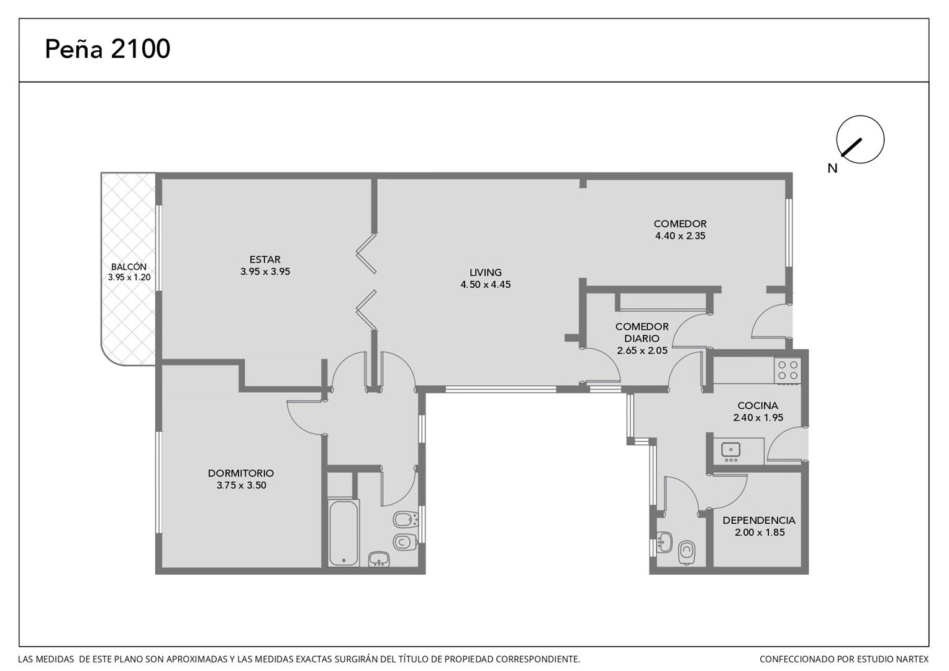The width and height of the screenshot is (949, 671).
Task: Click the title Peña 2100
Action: (107, 49)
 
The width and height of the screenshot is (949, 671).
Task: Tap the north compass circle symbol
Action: (860, 139)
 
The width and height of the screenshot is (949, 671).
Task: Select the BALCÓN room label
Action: (129, 267)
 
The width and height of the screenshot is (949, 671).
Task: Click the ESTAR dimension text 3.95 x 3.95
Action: (265, 272)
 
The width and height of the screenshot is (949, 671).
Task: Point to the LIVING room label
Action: (486, 273)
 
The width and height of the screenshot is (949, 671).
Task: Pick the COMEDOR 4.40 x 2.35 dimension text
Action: (681, 236)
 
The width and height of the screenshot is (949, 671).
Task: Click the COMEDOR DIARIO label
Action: (642, 332)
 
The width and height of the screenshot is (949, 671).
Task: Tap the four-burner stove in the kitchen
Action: (788, 370)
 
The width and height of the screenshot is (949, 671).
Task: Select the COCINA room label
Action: (758, 406)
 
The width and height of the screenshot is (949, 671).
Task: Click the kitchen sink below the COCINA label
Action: (731, 450)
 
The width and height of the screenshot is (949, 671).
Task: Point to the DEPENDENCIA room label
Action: (759, 520)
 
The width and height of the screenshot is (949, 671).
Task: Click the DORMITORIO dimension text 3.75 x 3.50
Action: (242, 486)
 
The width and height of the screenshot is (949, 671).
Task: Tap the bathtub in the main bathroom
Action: (344, 533)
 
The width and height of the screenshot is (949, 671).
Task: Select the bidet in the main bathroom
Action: (406, 519)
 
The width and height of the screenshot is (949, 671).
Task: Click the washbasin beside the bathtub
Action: (379, 559)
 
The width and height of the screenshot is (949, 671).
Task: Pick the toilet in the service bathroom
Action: (686, 552)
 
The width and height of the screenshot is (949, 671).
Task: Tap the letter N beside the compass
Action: (832, 169)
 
